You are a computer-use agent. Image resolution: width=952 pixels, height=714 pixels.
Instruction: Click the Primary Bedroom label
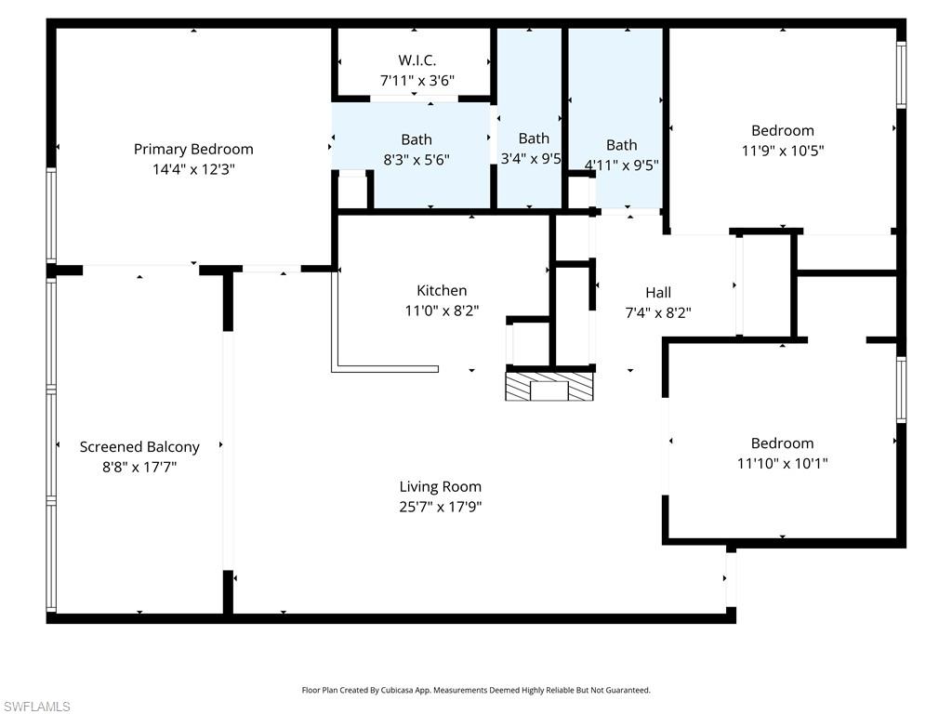coord(193,149)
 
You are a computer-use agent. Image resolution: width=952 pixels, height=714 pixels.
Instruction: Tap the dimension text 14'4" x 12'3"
coord(193,169)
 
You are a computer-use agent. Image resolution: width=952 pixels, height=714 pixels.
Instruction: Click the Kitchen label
coord(442,291)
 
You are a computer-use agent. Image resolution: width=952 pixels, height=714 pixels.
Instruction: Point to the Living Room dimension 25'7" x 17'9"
coord(441,507)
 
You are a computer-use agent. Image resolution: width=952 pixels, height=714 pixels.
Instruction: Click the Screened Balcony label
coord(139,447)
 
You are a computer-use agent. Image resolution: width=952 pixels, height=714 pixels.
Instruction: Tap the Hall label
coord(658,293)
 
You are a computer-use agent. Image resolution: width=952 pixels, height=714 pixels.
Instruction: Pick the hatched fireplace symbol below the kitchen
coord(549,386)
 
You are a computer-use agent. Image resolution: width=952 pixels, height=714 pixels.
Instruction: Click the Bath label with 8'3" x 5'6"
coord(416,139)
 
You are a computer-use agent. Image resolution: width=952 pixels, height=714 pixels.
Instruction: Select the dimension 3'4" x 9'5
coord(531,159)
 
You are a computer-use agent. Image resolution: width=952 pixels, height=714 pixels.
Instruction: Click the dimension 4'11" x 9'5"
coord(621,165)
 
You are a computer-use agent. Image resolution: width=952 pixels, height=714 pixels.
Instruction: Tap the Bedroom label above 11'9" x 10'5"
coord(783,130)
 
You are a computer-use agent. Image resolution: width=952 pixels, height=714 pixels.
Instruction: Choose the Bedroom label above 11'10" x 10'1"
coord(783,443)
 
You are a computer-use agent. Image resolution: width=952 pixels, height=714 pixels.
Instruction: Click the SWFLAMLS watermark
coord(36,707)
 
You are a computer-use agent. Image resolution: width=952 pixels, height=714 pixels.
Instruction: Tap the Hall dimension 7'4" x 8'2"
coord(658,313)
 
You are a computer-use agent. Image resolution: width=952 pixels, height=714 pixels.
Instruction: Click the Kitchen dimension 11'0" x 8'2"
coord(442,311)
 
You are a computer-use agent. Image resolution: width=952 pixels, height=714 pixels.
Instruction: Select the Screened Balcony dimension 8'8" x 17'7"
coord(139,468)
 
